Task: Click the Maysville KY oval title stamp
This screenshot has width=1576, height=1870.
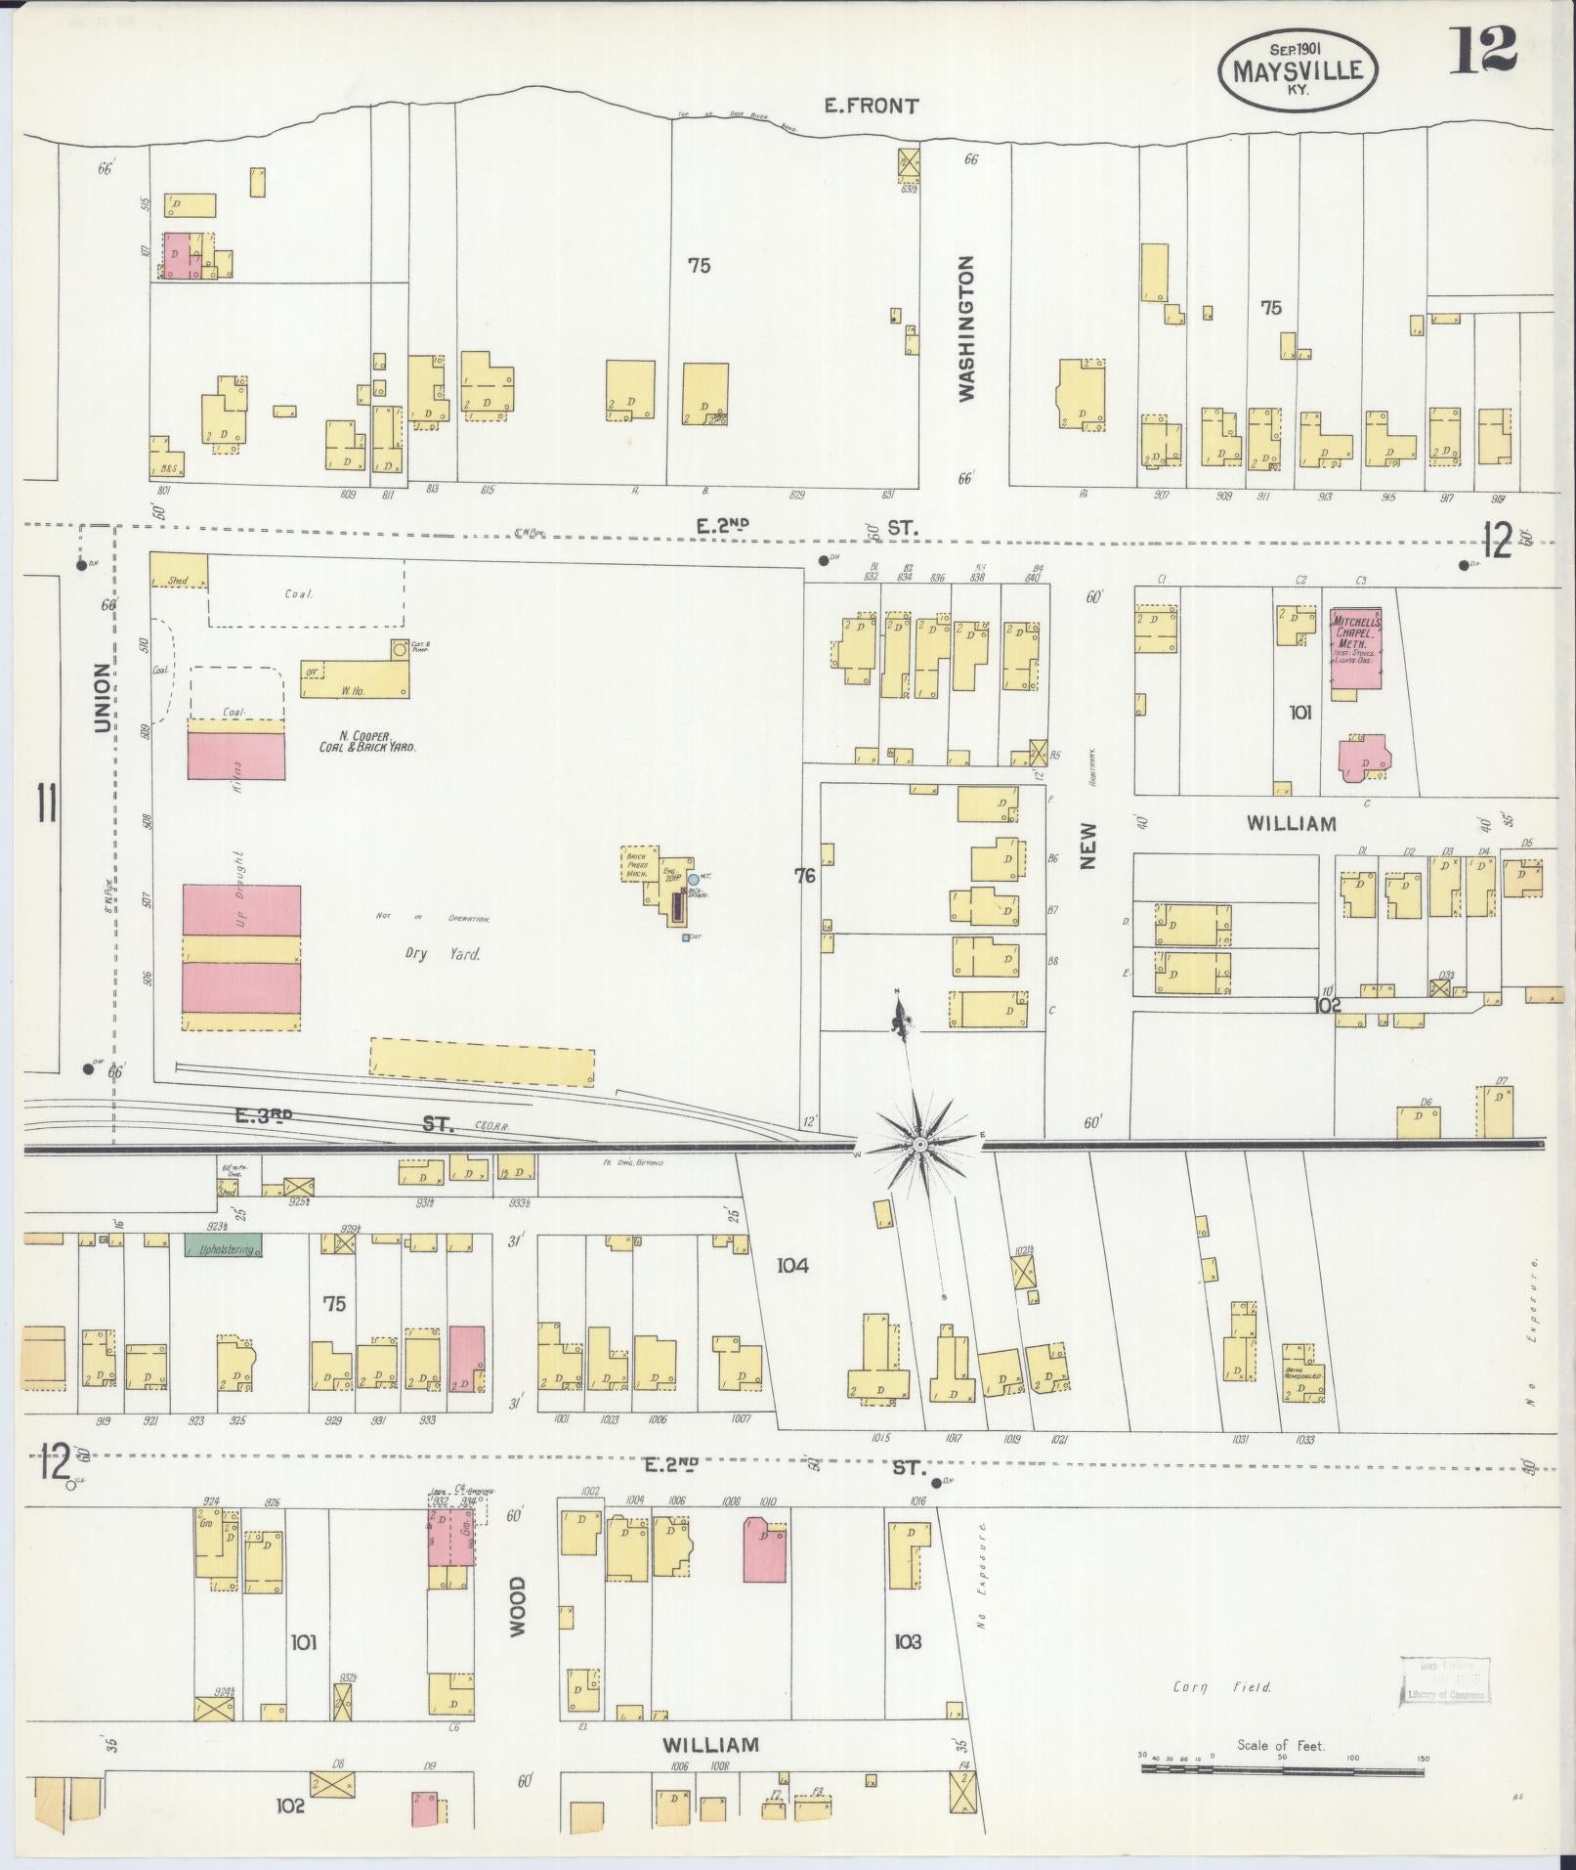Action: (1298, 67)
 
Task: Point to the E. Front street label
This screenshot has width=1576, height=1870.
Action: (872, 106)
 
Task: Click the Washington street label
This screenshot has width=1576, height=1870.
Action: (967, 328)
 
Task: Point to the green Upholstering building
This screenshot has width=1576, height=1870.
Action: (223, 1249)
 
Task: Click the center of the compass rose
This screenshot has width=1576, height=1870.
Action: (919, 1144)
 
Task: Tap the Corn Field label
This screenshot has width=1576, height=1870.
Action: (1222, 1686)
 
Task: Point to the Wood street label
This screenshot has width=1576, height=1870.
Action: (517, 1606)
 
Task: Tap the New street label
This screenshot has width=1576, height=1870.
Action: (1088, 846)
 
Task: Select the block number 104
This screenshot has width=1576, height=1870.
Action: (792, 1266)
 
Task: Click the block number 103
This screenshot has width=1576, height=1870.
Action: (908, 1641)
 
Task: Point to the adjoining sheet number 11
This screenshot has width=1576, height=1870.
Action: (45, 804)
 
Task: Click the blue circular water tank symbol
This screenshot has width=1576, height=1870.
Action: (693, 880)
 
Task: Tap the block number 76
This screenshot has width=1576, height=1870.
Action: (804, 876)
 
